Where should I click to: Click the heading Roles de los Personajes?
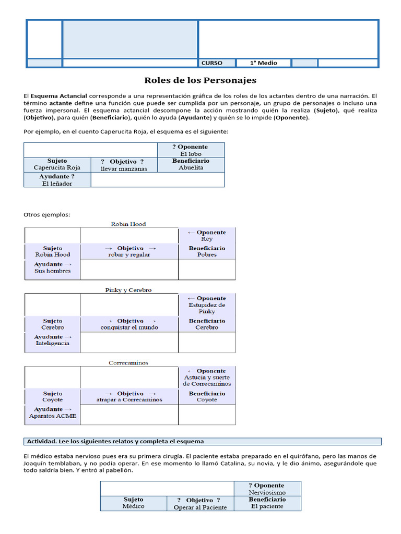click(200, 81)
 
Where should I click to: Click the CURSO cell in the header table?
click(217, 63)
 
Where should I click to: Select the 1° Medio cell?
click(263, 63)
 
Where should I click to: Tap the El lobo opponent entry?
click(191, 150)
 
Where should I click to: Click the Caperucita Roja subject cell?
click(57, 165)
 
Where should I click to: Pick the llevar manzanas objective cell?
click(124, 165)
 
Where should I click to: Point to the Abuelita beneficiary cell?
click(191, 165)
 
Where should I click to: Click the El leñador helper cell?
click(57, 180)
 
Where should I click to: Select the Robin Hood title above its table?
click(128, 224)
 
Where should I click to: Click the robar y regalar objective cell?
click(129, 251)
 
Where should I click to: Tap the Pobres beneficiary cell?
click(207, 251)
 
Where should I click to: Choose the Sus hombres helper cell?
click(53, 268)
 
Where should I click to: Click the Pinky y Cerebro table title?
click(128, 290)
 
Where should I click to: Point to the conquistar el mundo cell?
click(129, 324)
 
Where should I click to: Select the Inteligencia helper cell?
click(53, 340)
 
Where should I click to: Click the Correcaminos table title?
click(128, 362)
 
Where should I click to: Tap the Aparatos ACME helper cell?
click(53, 412)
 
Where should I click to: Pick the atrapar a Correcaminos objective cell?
click(129, 397)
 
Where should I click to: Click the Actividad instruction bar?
click(203, 441)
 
